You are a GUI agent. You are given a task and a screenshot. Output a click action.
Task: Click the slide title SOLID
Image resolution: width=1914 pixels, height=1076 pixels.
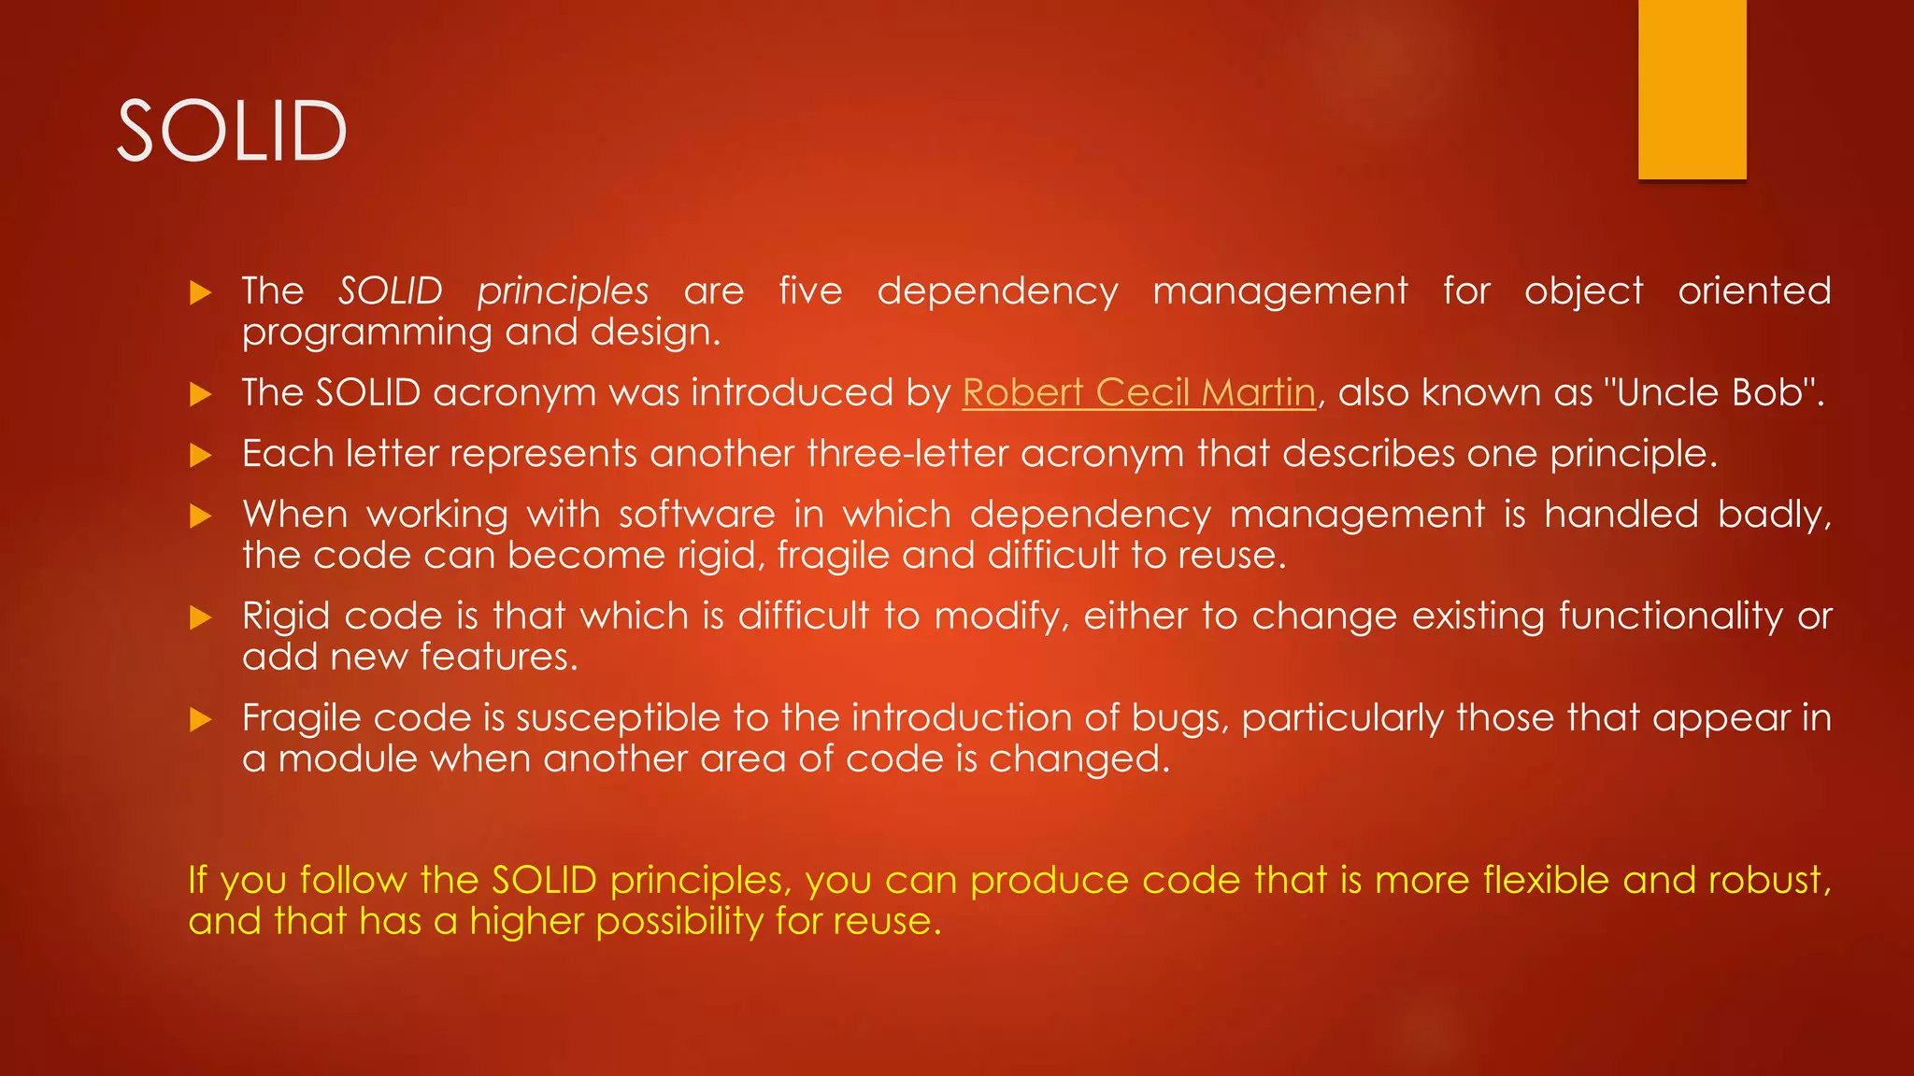tap(232, 131)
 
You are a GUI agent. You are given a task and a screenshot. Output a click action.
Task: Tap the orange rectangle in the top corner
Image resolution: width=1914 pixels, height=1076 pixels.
tap(1692, 90)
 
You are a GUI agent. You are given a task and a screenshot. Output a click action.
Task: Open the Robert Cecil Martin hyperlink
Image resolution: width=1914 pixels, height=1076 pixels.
tap(1138, 392)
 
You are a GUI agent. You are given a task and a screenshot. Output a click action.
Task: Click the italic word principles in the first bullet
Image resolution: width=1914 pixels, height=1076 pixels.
tap(563, 291)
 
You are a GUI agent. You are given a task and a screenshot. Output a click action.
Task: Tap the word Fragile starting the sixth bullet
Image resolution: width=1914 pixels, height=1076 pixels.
tap(301, 718)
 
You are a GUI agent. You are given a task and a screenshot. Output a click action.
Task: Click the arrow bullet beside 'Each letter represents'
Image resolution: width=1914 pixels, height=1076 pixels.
tap(200, 456)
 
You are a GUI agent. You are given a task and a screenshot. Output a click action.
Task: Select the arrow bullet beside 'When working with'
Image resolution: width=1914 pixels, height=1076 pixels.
tap(200, 517)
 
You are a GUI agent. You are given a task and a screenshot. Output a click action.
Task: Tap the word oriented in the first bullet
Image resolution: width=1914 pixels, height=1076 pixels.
tap(1754, 291)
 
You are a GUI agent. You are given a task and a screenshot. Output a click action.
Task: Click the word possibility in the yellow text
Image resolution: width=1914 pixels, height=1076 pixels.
tap(679, 922)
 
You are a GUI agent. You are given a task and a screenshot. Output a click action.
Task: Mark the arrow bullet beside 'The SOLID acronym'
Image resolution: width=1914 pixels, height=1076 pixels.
tap(200, 395)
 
